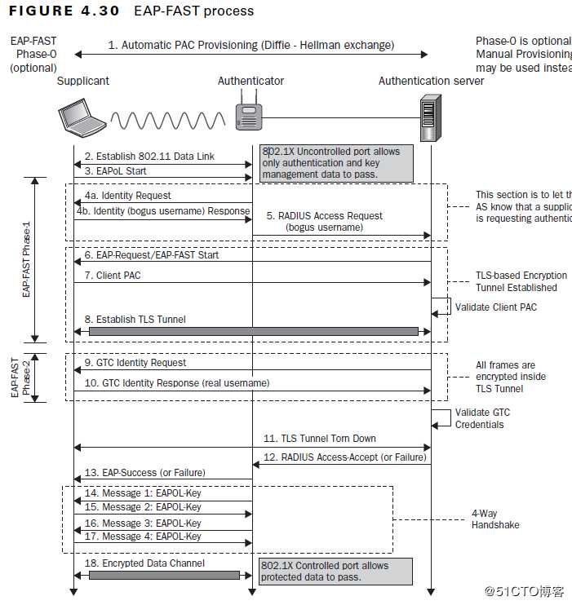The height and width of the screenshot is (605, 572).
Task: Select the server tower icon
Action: click(431, 118)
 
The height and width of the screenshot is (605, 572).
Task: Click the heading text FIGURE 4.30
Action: click(64, 11)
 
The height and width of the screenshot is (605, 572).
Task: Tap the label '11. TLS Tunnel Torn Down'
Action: click(320, 439)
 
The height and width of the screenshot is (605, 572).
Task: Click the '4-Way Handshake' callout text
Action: click(494, 519)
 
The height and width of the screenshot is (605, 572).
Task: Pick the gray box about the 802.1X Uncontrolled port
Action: click(337, 163)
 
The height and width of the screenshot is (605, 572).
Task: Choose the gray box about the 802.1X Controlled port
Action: click(335, 572)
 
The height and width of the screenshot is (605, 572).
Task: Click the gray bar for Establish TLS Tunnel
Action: click(253, 331)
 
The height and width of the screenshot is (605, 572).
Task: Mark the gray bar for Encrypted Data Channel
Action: click(164, 575)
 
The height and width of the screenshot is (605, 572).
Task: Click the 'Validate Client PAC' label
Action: click(494, 307)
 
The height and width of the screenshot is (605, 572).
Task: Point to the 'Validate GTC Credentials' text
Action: click(482, 418)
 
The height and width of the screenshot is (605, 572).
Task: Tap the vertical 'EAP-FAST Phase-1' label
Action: click(27, 259)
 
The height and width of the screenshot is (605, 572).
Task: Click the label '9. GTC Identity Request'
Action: click(135, 363)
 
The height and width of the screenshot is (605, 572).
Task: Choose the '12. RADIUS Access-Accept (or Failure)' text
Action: click(344, 457)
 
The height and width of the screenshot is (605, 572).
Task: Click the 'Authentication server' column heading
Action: click(431, 81)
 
